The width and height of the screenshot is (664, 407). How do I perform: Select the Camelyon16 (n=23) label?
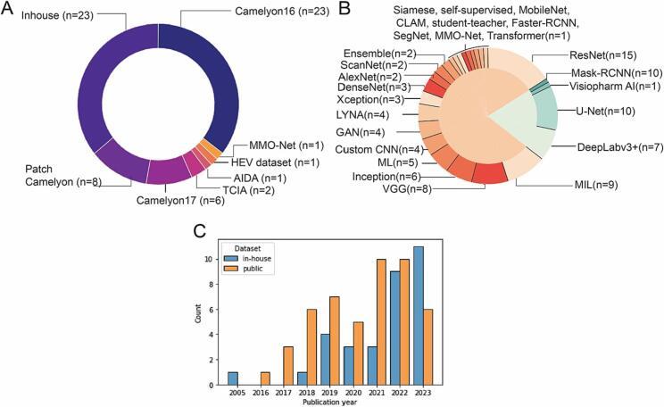(x=252, y=14)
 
